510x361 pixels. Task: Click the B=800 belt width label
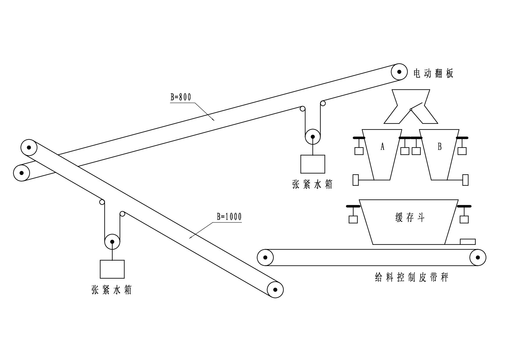[x=181, y=97]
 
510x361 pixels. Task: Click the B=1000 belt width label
[x=229, y=217]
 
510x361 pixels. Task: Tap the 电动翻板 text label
[x=433, y=73]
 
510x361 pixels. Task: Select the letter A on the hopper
[x=382, y=147]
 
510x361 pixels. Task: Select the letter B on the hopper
[x=440, y=147]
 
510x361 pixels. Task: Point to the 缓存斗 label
[x=410, y=217]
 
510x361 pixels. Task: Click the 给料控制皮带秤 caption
[x=412, y=277]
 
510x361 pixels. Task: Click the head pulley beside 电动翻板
[x=399, y=72]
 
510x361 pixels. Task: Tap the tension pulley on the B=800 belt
[x=313, y=137]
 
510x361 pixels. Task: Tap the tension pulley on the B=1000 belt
[x=112, y=242]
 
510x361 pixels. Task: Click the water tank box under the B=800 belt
[x=313, y=164]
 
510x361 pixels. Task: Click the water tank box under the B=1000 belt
[x=112, y=269]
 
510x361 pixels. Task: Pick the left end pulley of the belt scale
[x=265, y=257]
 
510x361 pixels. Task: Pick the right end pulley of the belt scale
[x=478, y=257]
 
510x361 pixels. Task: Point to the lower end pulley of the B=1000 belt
[x=275, y=290]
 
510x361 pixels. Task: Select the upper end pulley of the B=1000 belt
[x=29, y=148]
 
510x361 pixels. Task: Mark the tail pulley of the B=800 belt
[x=22, y=173]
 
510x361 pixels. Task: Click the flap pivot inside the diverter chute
[x=411, y=110]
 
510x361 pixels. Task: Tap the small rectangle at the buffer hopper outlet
[x=468, y=242]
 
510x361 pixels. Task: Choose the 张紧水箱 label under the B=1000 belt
[x=112, y=290]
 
